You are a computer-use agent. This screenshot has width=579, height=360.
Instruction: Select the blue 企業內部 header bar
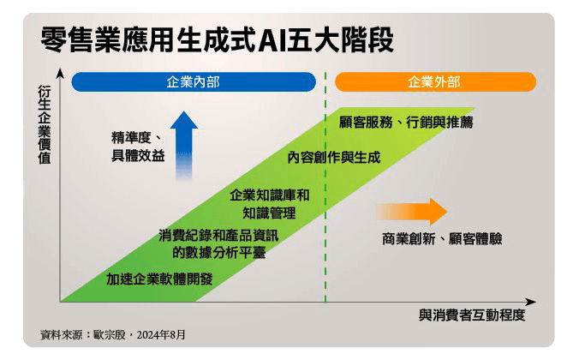pyautogui.click(x=194, y=82)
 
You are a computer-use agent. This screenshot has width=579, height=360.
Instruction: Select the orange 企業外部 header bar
pyautogui.click(x=435, y=82)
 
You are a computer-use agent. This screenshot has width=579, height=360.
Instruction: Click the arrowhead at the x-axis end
pyautogui.click(x=531, y=302)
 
